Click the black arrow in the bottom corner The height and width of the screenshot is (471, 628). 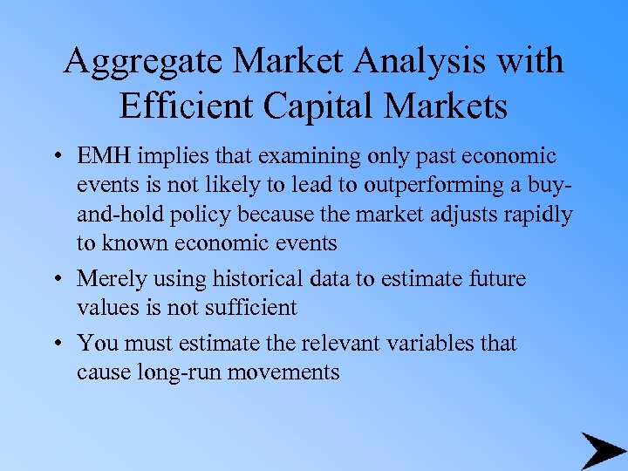(x=602, y=450)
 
